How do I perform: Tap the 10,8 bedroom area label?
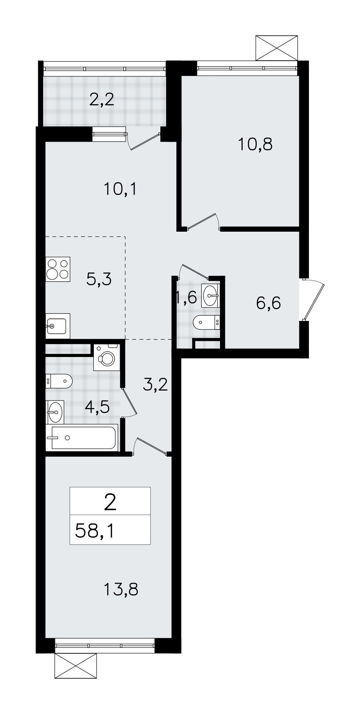click(255, 144)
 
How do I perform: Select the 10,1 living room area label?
click(120, 189)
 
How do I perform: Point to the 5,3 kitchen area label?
click(99, 279)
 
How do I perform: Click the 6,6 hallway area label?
click(269, 303)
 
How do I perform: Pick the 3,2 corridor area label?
click(155, 385)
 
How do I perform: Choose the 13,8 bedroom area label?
click(121, 589)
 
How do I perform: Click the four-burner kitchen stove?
click(58, 269)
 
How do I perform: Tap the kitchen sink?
click(58, 326)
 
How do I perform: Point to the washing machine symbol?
click(107, 357)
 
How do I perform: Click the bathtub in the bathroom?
click(82, 437)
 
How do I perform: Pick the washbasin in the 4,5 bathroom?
click(55, 412)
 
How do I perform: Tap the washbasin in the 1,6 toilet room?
click(210, 295)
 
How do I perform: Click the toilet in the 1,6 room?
click(206, 323)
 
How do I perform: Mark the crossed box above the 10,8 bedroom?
click(277, 48)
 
